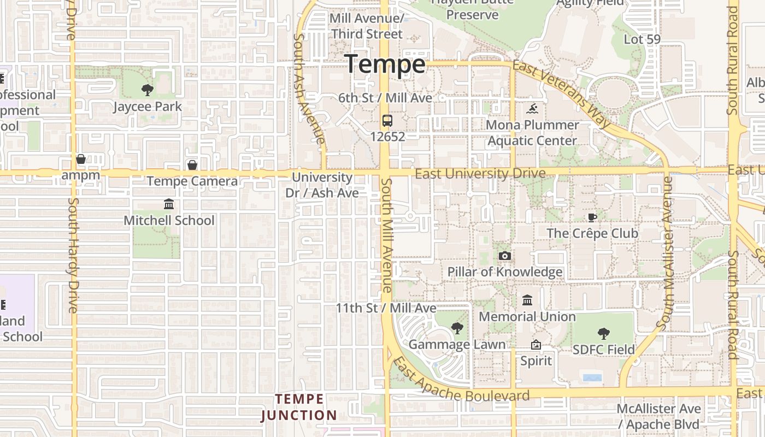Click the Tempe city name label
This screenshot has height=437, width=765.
[x=385, y=64]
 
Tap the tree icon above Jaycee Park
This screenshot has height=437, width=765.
[x=147, y=90]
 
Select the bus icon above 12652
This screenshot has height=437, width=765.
[x=387, y=120]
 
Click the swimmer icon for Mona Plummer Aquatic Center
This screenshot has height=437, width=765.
[x=532, y=109]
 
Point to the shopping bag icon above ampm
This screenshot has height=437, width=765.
[x=81, y=159]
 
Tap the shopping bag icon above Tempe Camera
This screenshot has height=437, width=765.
[x=192, y=164]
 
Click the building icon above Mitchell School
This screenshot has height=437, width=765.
[x=169, y=204]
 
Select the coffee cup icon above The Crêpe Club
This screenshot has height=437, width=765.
[x=592, y=217]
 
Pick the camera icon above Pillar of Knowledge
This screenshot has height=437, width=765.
[x=505, y=256]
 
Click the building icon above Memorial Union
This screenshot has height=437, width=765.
[x=527, y=300]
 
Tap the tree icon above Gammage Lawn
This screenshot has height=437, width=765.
[x=457, y=328]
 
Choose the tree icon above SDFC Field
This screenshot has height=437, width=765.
[x=604, y=333]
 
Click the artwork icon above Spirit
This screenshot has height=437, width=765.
[x=536, y=345]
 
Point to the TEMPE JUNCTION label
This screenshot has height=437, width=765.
[x=299, y=407]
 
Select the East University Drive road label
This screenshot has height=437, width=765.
[x=480, y=173]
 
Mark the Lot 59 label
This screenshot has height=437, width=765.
[x=642, y=39]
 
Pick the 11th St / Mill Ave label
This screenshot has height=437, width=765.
[x=386, y=308]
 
